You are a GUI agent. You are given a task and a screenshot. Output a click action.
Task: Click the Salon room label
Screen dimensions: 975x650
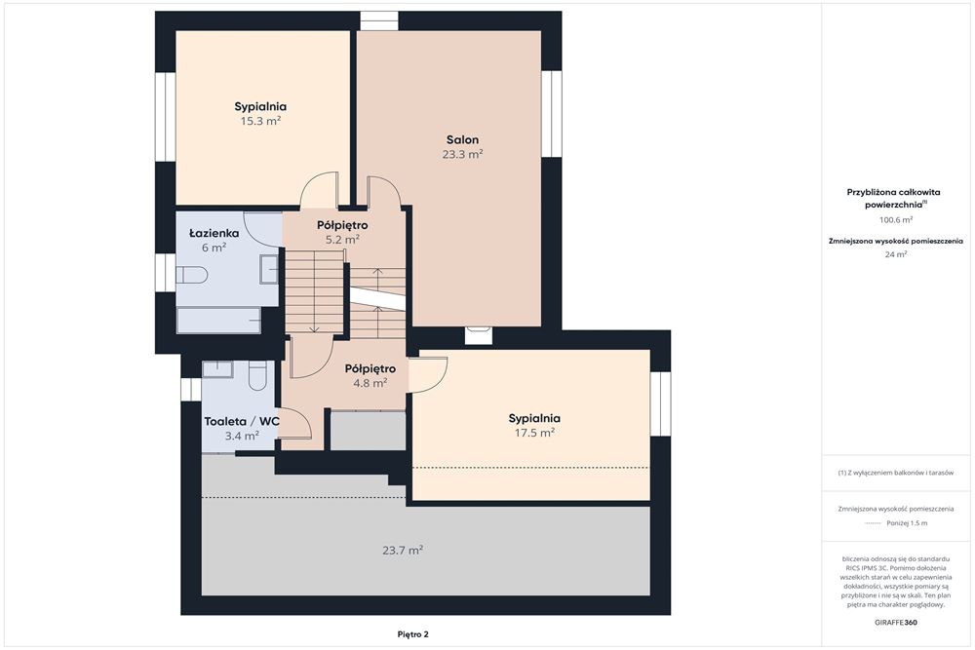(x=462, y=139)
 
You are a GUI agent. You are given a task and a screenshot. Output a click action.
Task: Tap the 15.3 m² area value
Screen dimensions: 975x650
(x=260, y=121)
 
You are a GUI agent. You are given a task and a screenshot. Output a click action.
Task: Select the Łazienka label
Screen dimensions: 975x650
(x=214, y=234)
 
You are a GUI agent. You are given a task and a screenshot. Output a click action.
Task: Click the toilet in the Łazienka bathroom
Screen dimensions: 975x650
(x=191, y=275)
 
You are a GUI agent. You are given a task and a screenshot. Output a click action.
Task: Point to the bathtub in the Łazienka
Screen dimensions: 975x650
(x=218, y=320)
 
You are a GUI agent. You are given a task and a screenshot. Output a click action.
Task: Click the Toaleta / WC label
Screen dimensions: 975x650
(x=242, y=421)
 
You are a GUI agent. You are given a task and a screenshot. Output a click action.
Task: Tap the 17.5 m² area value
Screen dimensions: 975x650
(x=534, y=433)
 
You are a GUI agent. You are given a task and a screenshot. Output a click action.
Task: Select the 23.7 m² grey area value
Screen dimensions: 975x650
(x=403, y=550)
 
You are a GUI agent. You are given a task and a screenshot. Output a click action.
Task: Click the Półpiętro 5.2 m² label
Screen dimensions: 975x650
(x=342, y=232)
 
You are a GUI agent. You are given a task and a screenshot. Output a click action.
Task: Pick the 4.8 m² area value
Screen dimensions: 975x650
(x=370, y=383)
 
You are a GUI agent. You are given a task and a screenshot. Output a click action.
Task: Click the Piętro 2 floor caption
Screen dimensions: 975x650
(x=412, y=634)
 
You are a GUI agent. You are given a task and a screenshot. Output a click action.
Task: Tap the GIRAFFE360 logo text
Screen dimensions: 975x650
(x=895, y=622)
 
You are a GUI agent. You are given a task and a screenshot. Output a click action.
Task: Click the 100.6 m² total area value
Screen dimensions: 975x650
(x=895, y=220)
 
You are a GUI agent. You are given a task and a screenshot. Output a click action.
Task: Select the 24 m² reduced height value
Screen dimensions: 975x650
(x=895, y=254)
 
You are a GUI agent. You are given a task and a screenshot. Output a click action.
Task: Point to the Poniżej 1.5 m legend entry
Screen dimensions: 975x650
(x=895, y=523)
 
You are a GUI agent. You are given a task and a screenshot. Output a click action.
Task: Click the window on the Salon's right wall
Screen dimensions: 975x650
(x=551, y=114)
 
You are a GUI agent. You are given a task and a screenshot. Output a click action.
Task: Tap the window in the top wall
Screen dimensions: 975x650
(x=379, y=21)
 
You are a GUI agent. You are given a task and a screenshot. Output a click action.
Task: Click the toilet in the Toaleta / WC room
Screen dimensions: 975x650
(x=257, y=375)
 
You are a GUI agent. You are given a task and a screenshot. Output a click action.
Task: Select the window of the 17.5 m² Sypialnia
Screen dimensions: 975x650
(x=660, y=403)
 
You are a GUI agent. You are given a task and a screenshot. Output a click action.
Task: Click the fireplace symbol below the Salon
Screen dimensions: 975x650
(x=479, y=334)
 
